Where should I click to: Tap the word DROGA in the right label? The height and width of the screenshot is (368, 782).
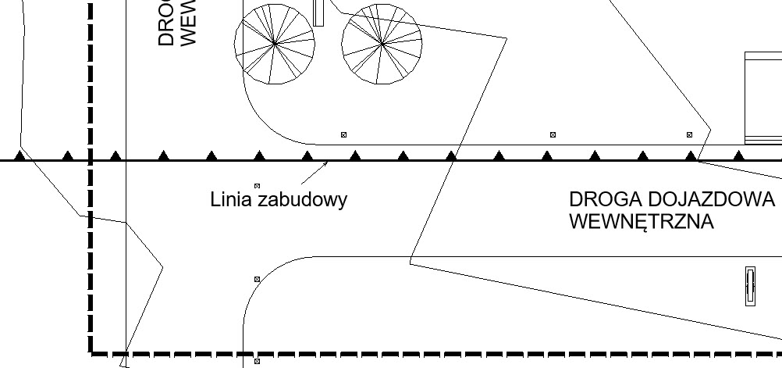[x=597, y=199]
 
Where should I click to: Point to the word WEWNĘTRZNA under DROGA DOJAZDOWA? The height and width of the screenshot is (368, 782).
[x=642, y=222]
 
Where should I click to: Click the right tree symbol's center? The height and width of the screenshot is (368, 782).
[x=382, y=45]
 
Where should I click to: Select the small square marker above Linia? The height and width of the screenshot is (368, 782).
[x=257, y=186]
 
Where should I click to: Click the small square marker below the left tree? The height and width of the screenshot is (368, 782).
[x=343, y=135]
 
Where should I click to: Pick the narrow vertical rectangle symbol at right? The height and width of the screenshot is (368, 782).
[x=750, y=286]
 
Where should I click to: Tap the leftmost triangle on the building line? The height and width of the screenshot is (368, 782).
[x=20, y=156]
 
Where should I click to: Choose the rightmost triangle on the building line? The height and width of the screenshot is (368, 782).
[x=739, y=156]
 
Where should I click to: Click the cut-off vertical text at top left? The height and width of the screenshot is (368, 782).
[x=176, y=23]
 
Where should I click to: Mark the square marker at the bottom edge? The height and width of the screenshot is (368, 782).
[x=257, y=362]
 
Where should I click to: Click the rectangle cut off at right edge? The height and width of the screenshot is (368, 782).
[x=763, y=98]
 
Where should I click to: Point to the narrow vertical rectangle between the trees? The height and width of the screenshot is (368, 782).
[x=318, y=13]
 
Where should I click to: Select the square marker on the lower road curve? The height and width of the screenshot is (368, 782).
[x=257, y=279]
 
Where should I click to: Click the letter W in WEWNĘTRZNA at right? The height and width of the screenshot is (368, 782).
[x=579, y=222]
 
